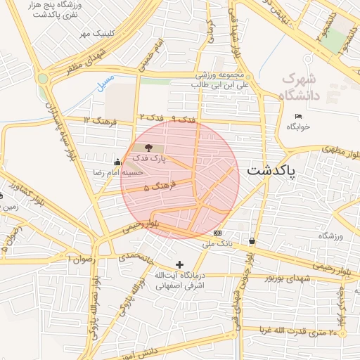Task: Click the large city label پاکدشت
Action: tap(271, 171)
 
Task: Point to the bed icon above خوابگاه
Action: tap(299, 116)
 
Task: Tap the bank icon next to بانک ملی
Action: tap(217, 233)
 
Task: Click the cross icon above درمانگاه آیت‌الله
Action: tap(180, 264)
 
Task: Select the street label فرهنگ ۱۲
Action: tap(97, 120)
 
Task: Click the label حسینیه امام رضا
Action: tap(118, 172)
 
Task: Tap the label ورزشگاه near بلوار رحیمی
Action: tap(329, 236)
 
